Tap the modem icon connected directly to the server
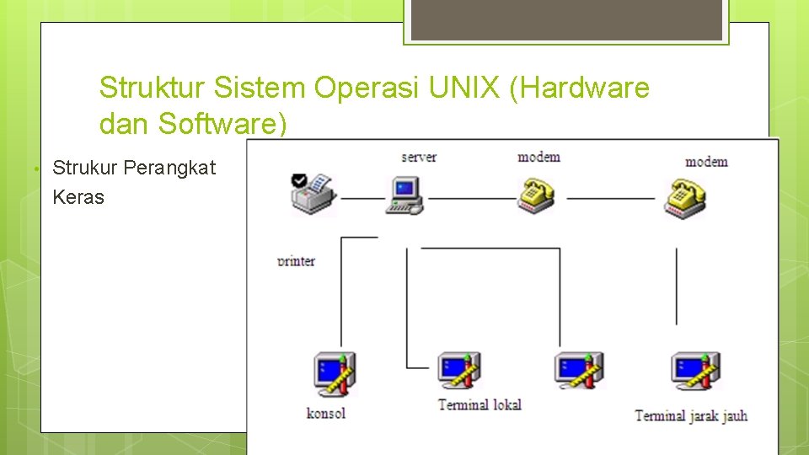tap(536, 195)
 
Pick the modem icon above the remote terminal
tap(684, 199)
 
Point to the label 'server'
tap(419, 157)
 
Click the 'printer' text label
tap(296, 261)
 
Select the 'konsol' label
tap(326, 413)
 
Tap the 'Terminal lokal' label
tap(480, 404)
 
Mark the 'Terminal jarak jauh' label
tap(690, 415)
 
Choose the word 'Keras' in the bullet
tap(78, 197)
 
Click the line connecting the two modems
tap(610, 199)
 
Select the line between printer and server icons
tap(362, 199)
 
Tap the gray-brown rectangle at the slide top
tap(565, 19)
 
